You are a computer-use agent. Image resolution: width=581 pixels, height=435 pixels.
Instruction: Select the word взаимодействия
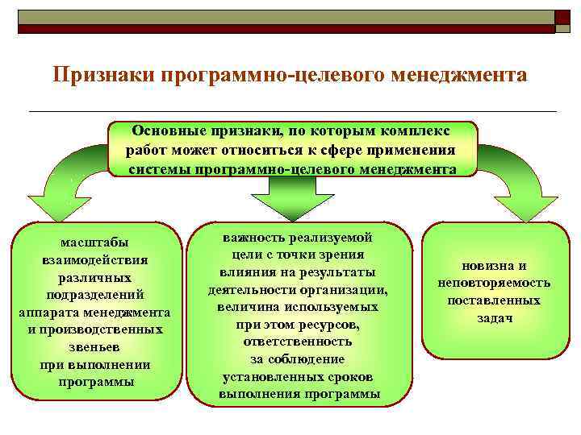[97, 260]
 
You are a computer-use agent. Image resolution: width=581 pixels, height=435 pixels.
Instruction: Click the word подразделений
[97, 295]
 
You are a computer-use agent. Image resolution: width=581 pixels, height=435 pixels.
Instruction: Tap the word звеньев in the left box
[97, 347]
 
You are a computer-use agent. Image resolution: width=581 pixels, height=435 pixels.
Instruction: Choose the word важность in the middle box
[259, 238]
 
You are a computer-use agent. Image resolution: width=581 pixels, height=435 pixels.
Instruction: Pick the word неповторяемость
[495, 283]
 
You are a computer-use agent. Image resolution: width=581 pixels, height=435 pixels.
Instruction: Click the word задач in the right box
[494, 318]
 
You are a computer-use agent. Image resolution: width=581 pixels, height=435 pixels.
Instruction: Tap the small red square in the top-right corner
[561, 17]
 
